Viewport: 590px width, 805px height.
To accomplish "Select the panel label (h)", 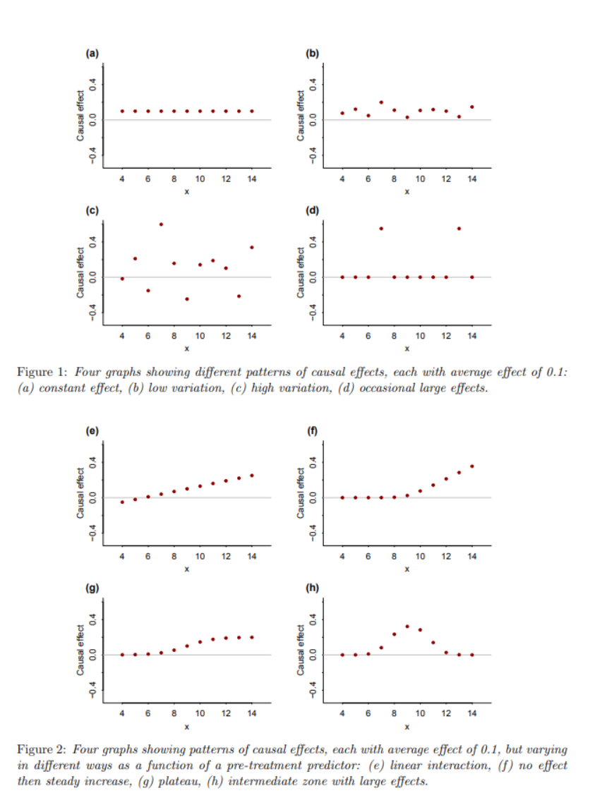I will (311, 587).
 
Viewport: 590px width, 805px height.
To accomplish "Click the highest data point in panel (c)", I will (161, 224).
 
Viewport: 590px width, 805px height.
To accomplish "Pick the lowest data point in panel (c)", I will (187, 299).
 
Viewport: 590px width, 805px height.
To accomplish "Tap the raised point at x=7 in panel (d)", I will (381, 229).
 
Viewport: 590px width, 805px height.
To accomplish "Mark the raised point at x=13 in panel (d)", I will (459, 229).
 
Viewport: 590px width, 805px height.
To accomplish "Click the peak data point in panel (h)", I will (407, 627).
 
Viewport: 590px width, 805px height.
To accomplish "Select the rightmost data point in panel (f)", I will (471, 466).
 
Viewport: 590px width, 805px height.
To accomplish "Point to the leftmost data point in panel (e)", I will (122, 502).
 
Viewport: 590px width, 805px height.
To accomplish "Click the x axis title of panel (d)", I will (407, 349).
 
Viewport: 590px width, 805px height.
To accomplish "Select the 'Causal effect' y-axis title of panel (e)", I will (82, 497).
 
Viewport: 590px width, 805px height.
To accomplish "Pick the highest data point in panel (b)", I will (381, 102).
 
